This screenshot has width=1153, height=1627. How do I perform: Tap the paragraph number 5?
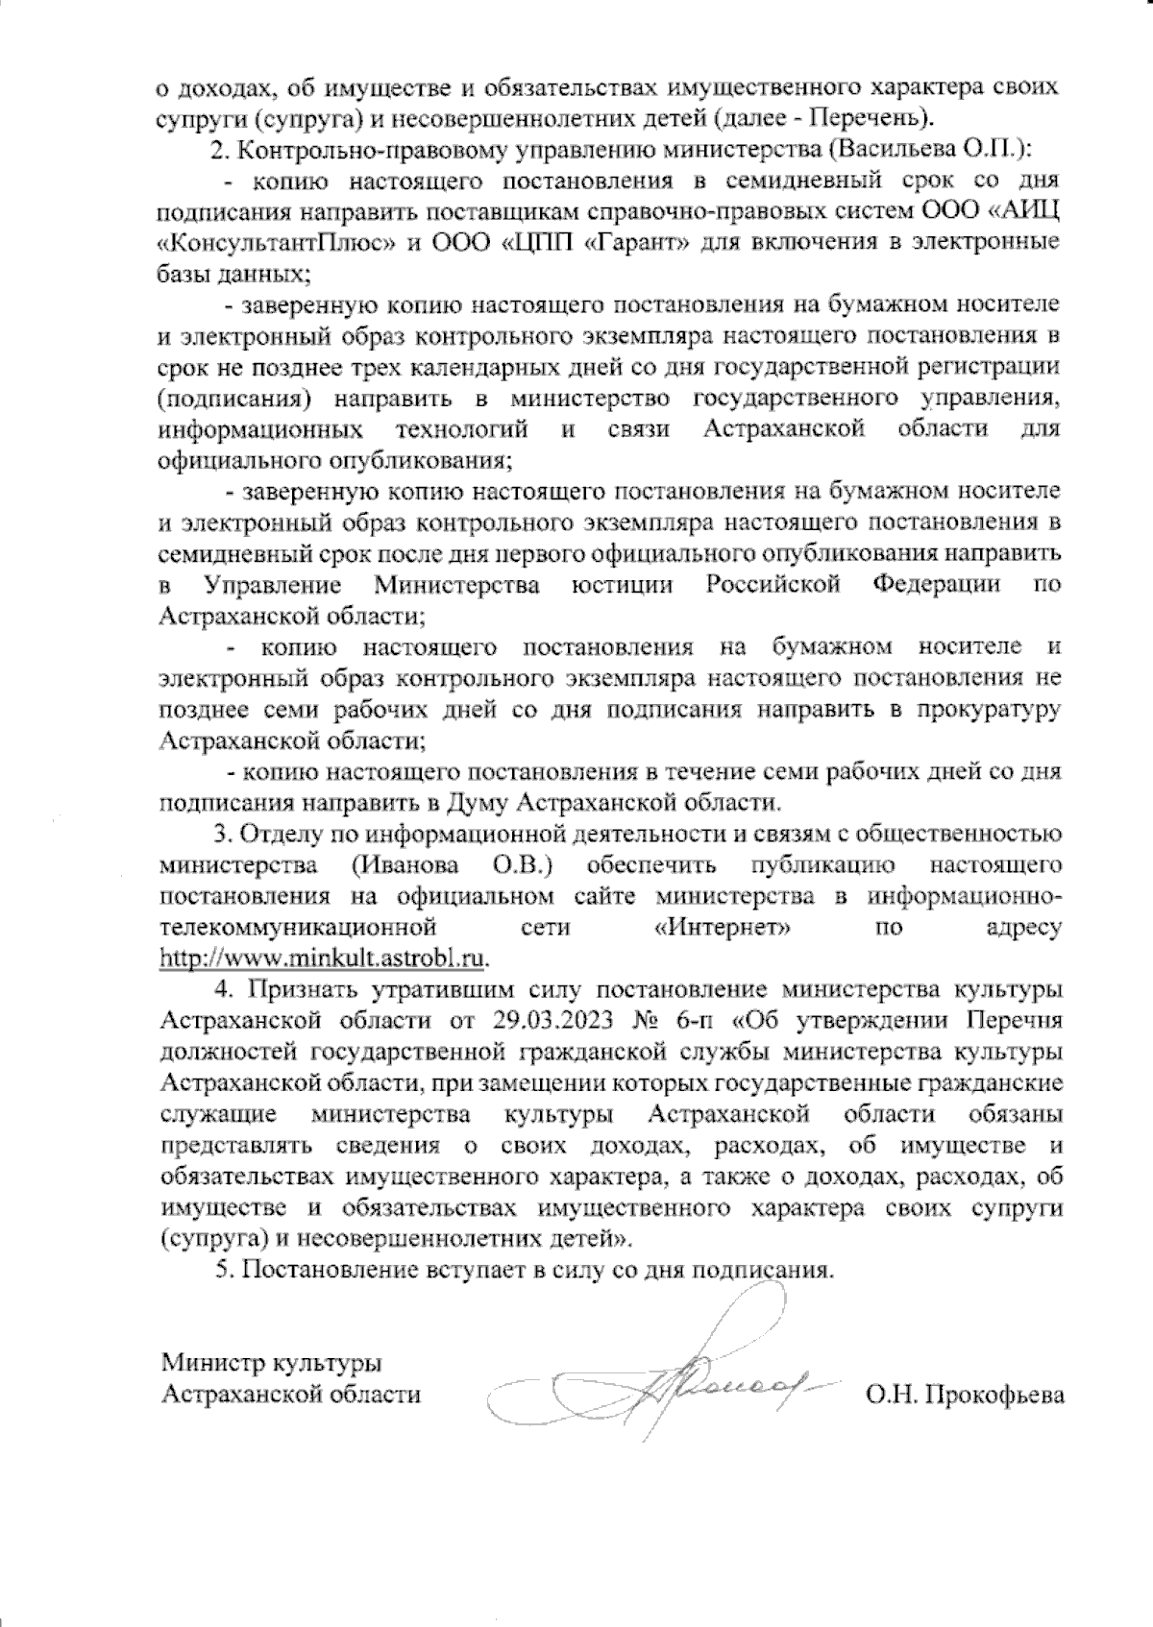pyautogui.click(x=223, y=1270)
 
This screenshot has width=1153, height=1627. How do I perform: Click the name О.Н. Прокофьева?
pyautogui.click(x=965, y=1395)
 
